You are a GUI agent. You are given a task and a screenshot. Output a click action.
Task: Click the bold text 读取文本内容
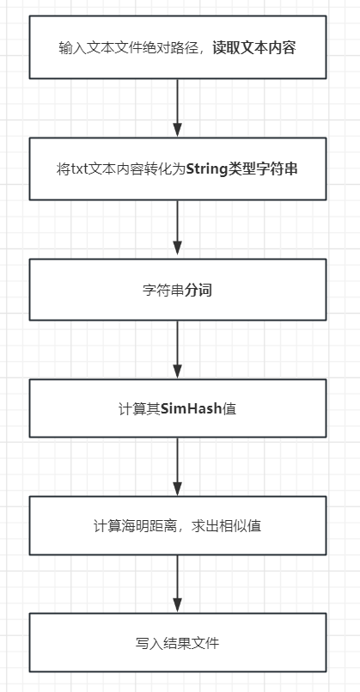(254, 48)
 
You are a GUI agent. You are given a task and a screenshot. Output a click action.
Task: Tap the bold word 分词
(199, 290)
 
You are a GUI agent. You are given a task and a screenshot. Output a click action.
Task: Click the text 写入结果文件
(178, 643)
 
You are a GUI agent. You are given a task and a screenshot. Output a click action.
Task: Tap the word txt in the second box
(81, 168)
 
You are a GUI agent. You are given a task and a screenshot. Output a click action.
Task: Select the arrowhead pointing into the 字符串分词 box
(178, 250)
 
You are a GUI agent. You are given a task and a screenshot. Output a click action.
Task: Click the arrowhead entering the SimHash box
(178, 370)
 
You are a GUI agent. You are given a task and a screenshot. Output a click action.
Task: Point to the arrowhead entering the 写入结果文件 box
(178, 605)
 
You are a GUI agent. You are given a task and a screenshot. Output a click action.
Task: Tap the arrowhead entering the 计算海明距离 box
(178, 487)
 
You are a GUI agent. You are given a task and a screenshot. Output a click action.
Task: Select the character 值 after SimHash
(229, 408)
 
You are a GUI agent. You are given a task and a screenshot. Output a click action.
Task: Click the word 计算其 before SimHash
(138, 408)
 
